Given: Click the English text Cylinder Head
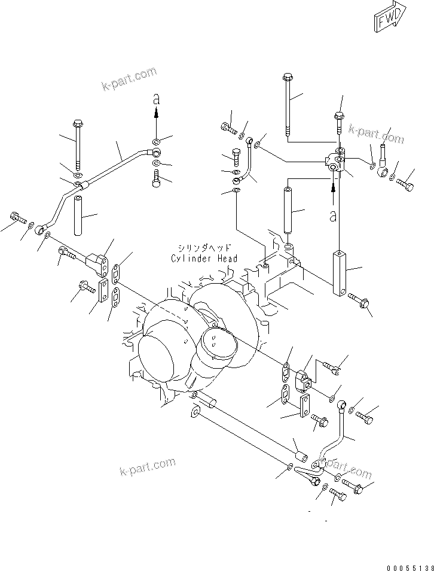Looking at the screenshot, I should [x=204, y=259].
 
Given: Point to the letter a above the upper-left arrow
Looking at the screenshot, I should [x=156, y=99].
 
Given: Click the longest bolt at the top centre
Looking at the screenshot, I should [x=288, y=105].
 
